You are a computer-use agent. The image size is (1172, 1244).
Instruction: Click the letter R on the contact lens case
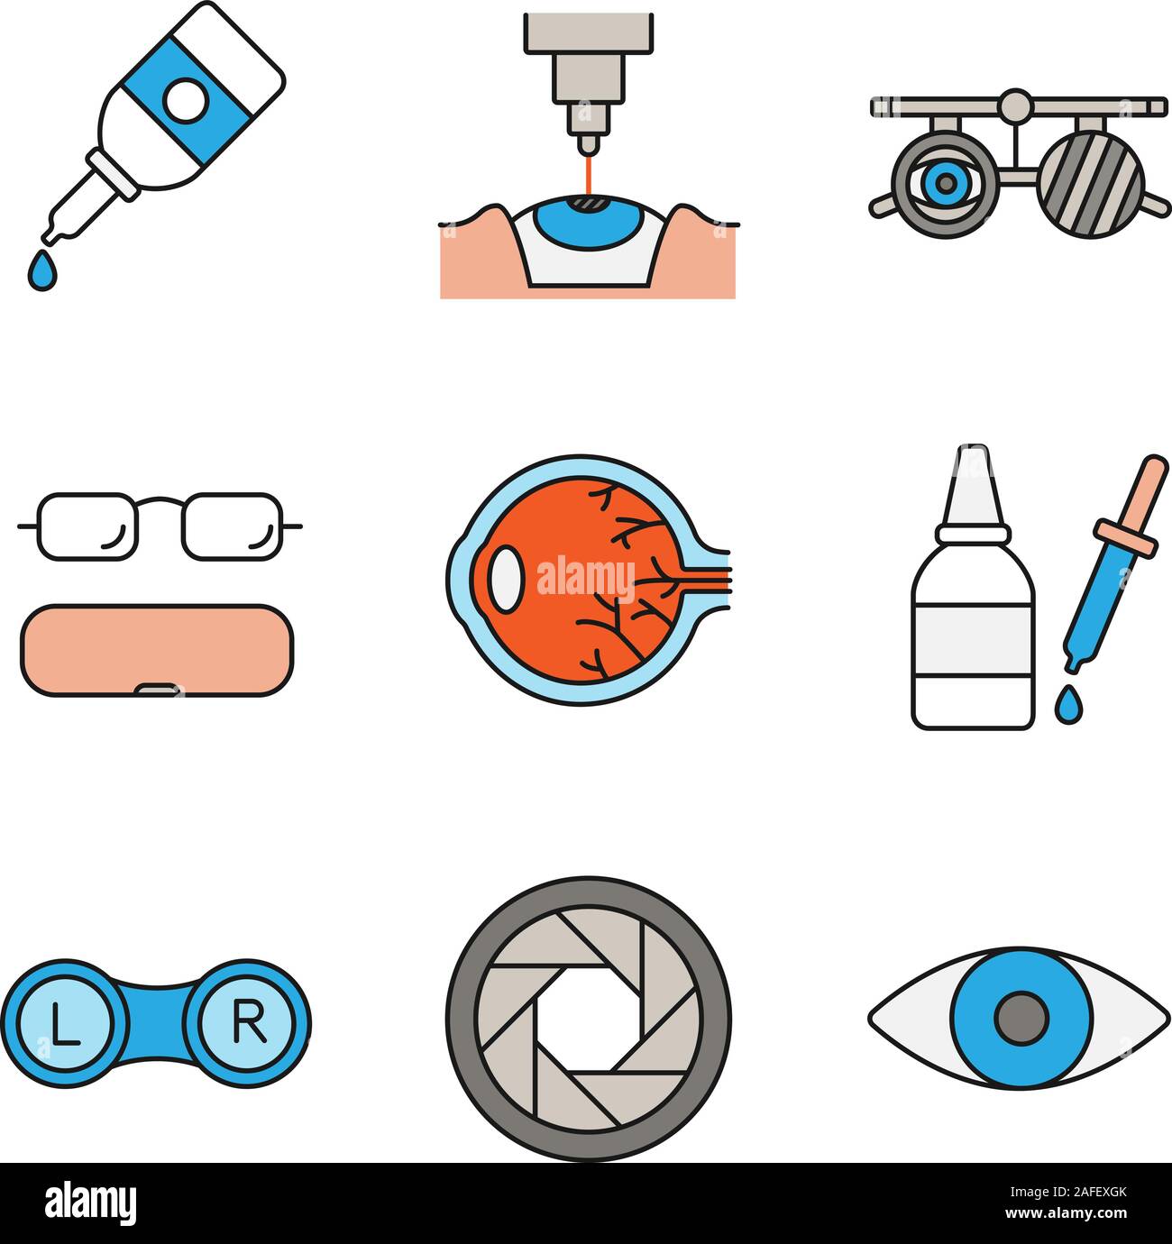[x=248, y=1021]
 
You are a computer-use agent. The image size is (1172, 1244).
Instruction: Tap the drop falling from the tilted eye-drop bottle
[x=40, y=271]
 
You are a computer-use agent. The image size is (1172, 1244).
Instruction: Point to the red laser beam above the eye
[x=588, y=174]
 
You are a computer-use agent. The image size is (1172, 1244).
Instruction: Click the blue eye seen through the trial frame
[x=944, y=184]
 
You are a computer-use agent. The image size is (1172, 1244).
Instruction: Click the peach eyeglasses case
[x=151, y=649]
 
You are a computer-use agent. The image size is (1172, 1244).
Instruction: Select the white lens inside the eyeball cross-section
[x=504, y=578]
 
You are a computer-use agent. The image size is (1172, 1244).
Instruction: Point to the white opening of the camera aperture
[x=588, y=1020]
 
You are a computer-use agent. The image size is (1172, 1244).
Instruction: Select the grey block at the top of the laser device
[x=587, y=32]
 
